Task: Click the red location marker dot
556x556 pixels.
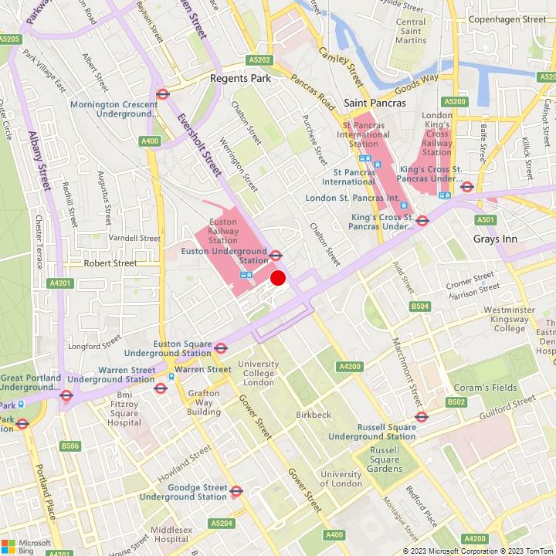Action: point(278,278)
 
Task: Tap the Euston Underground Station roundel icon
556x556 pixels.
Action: point(276,255)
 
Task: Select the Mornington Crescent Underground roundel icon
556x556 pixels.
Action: point(162,94)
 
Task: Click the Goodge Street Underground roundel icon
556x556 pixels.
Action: point(236,490)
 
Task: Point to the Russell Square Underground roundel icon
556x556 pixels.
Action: point(422,417)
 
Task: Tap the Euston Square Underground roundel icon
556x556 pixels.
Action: point(220,348)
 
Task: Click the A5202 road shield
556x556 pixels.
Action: point(260,59)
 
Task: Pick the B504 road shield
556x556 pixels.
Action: point(420,307)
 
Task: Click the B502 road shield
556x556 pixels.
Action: point(456,402)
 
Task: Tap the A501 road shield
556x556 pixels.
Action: point(486,220)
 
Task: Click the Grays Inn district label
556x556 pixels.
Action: point(495,239)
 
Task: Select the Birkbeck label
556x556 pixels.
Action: point(314,415)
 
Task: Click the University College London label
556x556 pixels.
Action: point(258,373)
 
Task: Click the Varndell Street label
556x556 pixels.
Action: point(135,238)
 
